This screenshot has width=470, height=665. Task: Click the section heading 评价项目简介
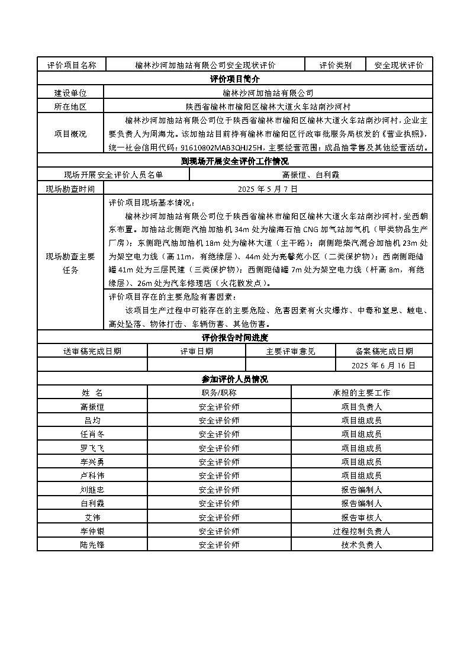pyautogui.click(x=234, y=79)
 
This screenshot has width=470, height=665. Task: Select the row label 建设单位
pyautogui.click(x=70, y=93)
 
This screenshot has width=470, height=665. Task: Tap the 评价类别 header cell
pyautogui.click(x=336, y=65)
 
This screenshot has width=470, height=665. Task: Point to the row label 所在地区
pyautogui.click(x=70, y=107)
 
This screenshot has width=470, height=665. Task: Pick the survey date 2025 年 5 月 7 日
pyautogui.click(x=268, y=189)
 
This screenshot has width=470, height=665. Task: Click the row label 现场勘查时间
pyautogui.click(x=70, y=189)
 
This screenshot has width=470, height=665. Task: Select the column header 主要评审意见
pyautogui.click(x=291, y=351)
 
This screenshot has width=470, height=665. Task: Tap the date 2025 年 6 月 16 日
pyautogui.click(x=384, y=365)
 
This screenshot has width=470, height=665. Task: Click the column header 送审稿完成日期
pyautogui.click(x=92, y=351)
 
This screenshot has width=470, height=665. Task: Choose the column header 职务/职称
pyautogui.click(x=219, y=393)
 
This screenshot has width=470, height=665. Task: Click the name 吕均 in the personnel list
pyautogui.click(x=92, y=420)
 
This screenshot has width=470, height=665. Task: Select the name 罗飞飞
pyautogui.click(x=92, y=448)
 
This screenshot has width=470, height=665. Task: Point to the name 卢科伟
pyautogui.click(x=92, y=476)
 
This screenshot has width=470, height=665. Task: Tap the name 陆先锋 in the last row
pyautogui.click(x=92, y=544)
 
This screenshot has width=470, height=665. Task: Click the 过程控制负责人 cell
pyautogui.click(x=362, y=531)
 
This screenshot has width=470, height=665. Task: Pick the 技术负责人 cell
pyautogui.click(x=362, y=544)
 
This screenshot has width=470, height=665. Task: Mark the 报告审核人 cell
pyautogui.click(x=362, y=517)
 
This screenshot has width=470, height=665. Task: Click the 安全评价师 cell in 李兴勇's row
pyautogui.click(x=219, y=462)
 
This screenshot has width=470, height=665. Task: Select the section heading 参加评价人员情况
pyautogui.click(x=234, y=379)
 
